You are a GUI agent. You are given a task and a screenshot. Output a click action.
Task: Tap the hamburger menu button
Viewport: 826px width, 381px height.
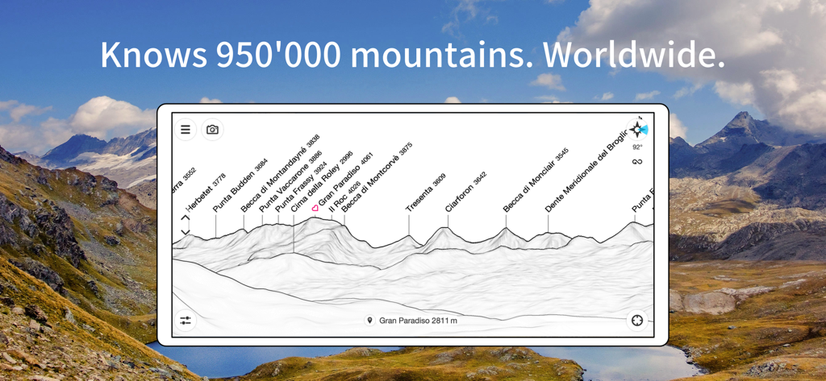click(x=186, y=130)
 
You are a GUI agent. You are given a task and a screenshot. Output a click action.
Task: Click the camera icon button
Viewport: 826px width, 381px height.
click(x=212, y=130)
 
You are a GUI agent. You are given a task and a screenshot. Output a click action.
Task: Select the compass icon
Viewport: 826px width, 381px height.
click(x=637, y=130)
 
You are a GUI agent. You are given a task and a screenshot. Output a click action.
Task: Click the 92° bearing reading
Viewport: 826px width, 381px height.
click(x=637, y=147)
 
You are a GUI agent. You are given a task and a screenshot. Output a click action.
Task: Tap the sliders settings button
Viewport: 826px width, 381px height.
click(x=186, y=321)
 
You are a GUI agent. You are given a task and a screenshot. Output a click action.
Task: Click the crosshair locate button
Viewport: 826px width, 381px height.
click(x=637, y=321)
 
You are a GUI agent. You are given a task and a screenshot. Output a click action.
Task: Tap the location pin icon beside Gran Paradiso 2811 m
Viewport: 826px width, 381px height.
click(x=370, y=321)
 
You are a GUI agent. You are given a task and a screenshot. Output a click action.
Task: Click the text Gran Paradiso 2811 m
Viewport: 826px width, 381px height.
click(x=418, y=321)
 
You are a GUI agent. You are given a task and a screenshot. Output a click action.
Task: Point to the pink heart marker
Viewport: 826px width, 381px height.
click(x=315, y=208)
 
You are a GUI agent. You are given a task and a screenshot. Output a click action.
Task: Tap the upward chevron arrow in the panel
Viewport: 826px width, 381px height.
click(x=186, y=217)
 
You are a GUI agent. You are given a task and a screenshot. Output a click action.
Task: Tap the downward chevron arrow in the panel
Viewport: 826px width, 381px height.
click(x=186, y=233)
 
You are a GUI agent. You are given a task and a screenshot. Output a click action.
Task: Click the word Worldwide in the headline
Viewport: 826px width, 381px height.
click(x=634, y=55)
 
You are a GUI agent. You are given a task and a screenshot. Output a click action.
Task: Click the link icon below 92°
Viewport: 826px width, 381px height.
click(x=637, y=162)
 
